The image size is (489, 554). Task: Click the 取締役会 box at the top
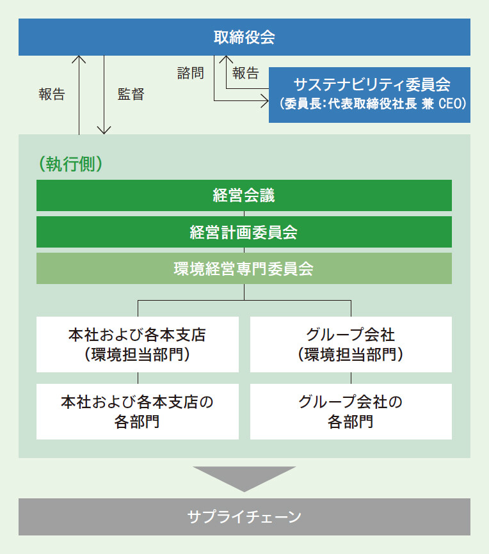pos(245,37)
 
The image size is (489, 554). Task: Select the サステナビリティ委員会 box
pos(369,95)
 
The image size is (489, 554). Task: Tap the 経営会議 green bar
pos(244,195)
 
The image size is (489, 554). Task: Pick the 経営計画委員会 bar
pos(244,232)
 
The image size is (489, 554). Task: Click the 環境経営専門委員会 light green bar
pos(244,268)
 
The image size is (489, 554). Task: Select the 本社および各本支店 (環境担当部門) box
pos(138,344)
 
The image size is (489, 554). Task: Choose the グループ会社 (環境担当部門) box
pos(351,344)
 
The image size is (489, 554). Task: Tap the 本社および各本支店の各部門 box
pos(138,411)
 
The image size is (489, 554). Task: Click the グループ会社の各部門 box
pos(351,411)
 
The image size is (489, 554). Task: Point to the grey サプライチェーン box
pos(245,516)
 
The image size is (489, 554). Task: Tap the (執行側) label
pos(70,164)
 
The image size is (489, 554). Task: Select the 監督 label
pos(131,94)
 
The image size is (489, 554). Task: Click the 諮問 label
pos(191,73)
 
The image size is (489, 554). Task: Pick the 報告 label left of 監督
pos(52,94)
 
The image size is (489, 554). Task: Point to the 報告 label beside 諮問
pos(246,73)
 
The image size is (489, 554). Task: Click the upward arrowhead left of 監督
pos(79,59)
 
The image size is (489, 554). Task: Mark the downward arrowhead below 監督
pos(104,131)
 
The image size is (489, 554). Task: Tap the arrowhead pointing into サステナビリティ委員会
pos(265,101)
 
